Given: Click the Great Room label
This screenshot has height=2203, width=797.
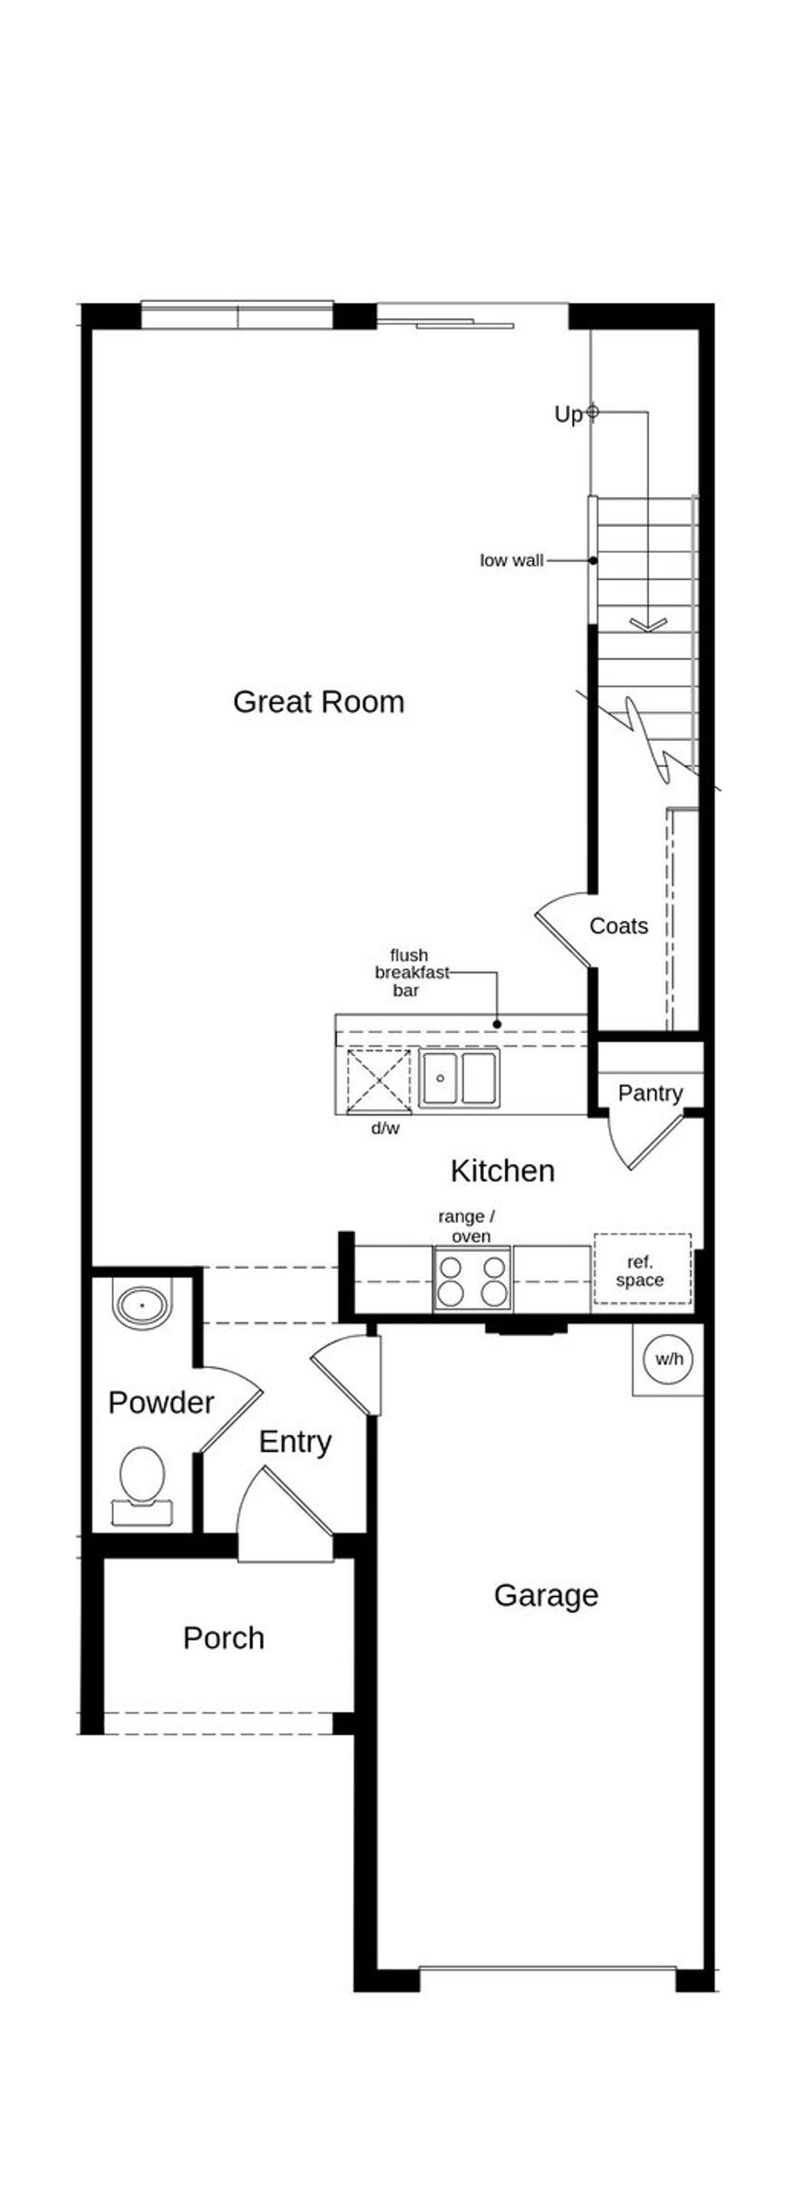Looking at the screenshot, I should tap(318, 702).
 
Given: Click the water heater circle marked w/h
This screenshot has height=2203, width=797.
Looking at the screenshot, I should tap(669, 1359).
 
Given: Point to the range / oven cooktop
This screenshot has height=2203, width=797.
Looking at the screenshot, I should tap(472, 1280).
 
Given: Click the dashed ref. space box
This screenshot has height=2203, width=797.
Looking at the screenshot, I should tap(642, 1270).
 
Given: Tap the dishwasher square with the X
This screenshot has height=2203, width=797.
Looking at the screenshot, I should tap(378, 1080).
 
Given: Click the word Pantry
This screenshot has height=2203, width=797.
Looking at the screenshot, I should tap(650, 1093).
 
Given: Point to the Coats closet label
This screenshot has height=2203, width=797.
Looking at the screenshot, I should tap(618, 926).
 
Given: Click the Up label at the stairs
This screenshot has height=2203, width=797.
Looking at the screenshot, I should tap(568, 415).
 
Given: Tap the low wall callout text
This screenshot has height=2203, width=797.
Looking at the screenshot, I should tap(511, 561).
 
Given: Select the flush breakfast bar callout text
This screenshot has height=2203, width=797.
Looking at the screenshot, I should tap(410, 973).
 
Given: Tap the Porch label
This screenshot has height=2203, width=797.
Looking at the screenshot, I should tap(223, 1639).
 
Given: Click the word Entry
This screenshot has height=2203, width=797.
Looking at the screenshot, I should tap(295, 1442).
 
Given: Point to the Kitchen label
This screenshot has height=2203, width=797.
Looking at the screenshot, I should tap(502, 1171).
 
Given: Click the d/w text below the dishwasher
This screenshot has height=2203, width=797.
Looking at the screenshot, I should tap(385, 1129).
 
